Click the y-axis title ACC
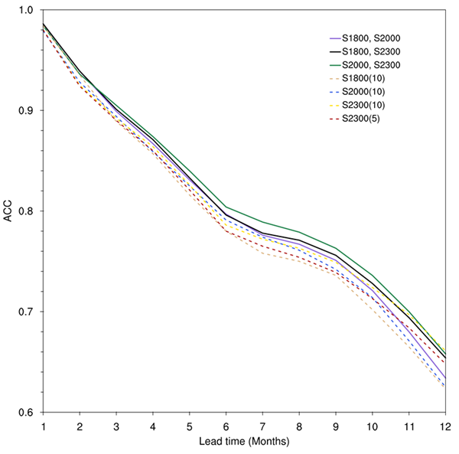[x=8, y=211]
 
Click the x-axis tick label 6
[x=226, y=425]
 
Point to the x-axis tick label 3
[x=116, y=425]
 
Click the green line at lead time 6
[x=226, y=207]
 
